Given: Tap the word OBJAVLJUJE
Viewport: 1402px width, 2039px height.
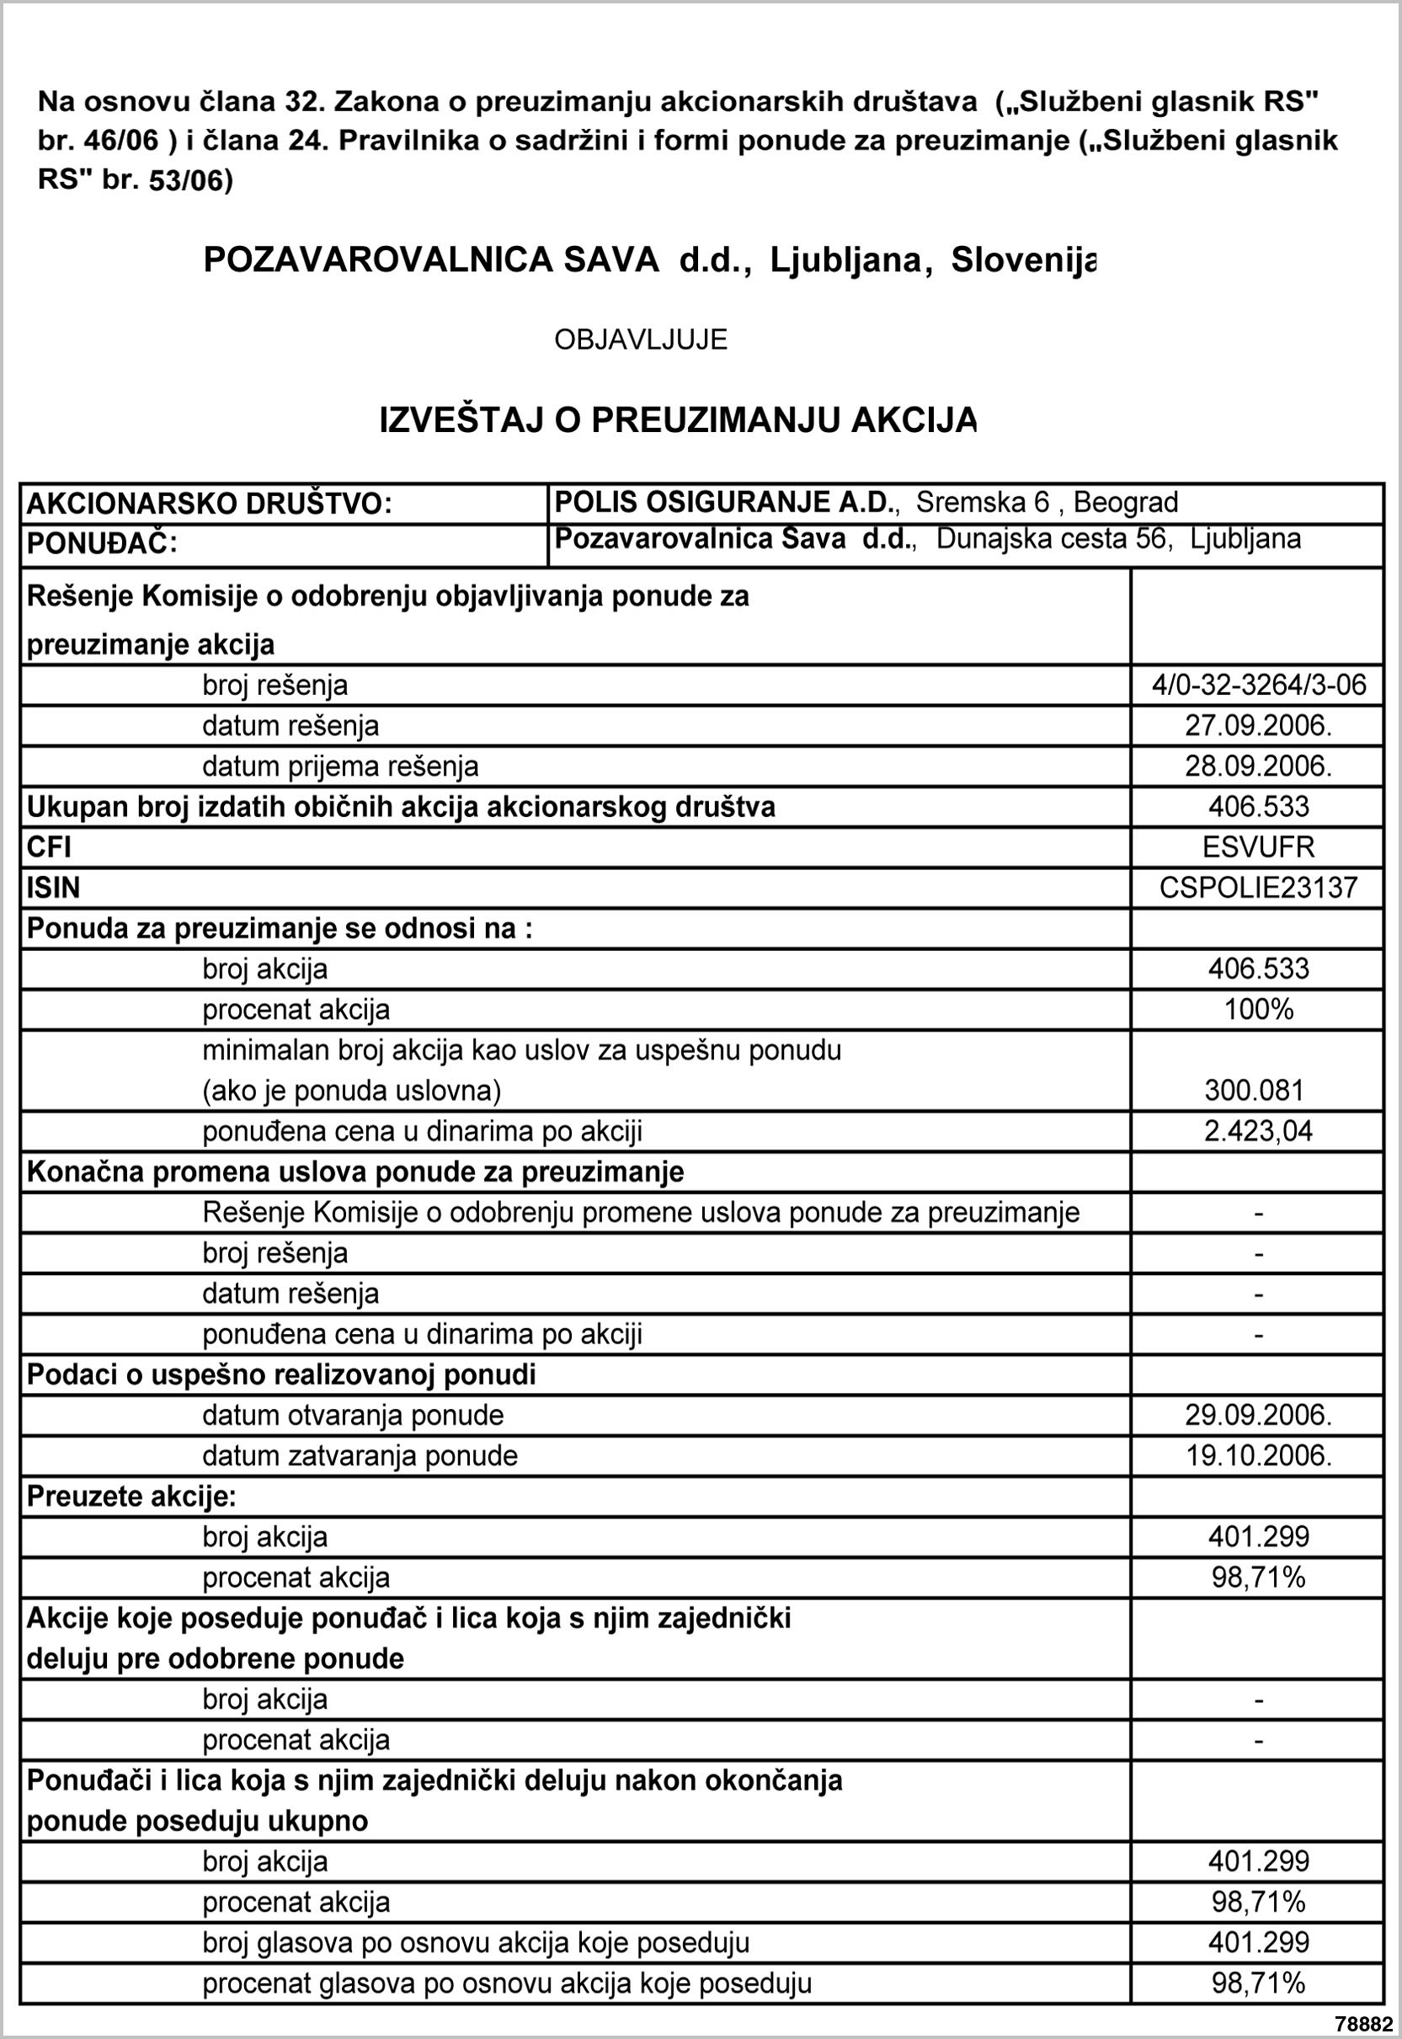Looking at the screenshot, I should (641, 340).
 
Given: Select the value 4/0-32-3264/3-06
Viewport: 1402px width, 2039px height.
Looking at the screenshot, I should (1259, 686).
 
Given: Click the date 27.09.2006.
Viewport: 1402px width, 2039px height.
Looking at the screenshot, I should (1259, 726).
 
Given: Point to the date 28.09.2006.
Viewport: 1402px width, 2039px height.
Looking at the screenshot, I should (1259, 766).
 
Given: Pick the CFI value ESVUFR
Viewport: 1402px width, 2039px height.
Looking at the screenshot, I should (1259, 848).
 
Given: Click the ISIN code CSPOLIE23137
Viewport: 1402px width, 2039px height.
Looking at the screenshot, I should (1259, 889).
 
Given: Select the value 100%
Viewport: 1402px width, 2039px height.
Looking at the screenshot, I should (1259, 1010).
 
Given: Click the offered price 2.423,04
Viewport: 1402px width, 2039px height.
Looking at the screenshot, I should (1259, 1131).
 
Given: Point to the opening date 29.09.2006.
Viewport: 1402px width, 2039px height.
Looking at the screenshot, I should (1259, 1415).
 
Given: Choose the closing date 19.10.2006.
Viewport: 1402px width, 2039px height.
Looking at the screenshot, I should (1259, 1455).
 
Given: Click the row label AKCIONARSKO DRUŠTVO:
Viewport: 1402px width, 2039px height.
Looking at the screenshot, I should (209, 504).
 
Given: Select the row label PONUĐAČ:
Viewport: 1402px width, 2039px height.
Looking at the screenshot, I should (102, 545).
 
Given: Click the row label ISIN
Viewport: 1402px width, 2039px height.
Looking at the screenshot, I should (54, 889).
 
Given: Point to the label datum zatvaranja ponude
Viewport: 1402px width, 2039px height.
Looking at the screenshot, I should (360, 1455).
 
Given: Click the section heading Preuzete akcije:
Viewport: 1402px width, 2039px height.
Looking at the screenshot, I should (131, 1496).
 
